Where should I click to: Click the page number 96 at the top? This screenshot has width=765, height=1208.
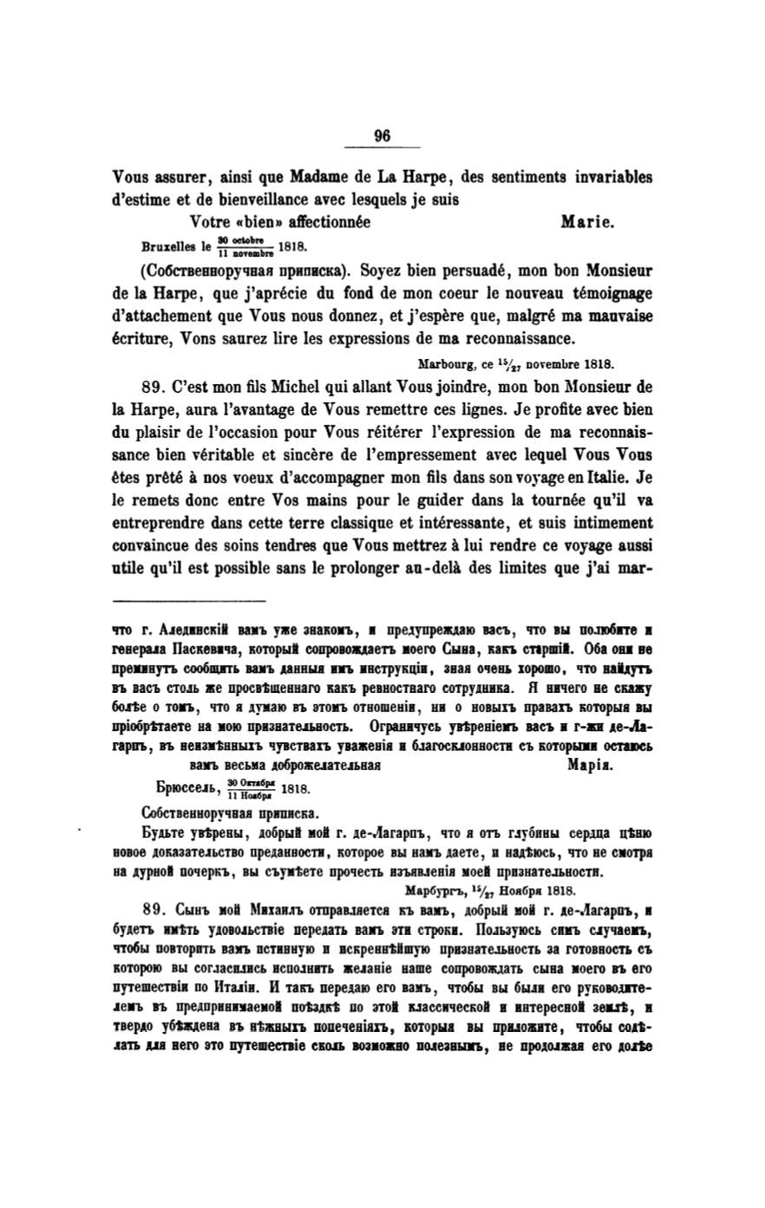click(382, 134)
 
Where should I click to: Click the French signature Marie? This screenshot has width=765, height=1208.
click(587, 222)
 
